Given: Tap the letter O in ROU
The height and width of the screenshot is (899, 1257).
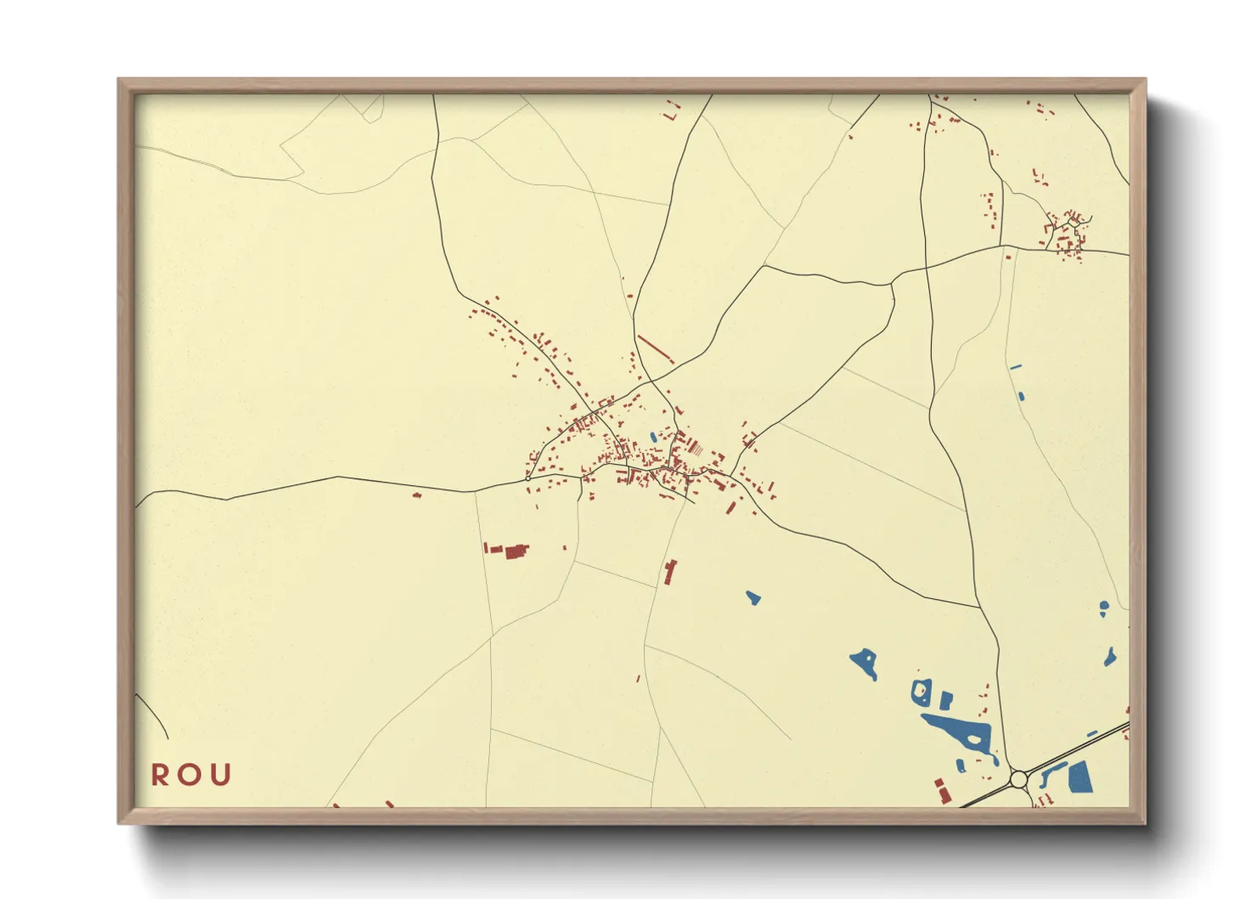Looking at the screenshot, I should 190,775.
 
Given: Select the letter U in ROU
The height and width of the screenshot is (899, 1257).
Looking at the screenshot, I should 221,775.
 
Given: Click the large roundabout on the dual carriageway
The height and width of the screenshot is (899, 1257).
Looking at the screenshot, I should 1019,778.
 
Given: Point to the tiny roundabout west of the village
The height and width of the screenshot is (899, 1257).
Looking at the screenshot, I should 528,478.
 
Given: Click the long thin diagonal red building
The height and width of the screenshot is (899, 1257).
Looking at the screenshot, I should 655,348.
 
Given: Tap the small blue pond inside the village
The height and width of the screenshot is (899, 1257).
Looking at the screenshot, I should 653,438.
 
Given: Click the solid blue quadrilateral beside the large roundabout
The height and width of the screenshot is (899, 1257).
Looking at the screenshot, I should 1079,777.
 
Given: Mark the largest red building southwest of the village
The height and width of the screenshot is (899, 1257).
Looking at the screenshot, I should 516,552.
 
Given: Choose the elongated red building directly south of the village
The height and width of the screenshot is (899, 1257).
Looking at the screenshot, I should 670,572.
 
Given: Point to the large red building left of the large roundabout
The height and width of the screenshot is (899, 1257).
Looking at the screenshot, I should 943,791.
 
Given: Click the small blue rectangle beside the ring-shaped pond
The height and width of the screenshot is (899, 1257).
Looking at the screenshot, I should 945,700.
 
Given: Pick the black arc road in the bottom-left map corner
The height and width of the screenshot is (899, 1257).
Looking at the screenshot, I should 153,714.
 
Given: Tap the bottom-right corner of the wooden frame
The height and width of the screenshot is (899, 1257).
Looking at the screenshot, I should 1145,823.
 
